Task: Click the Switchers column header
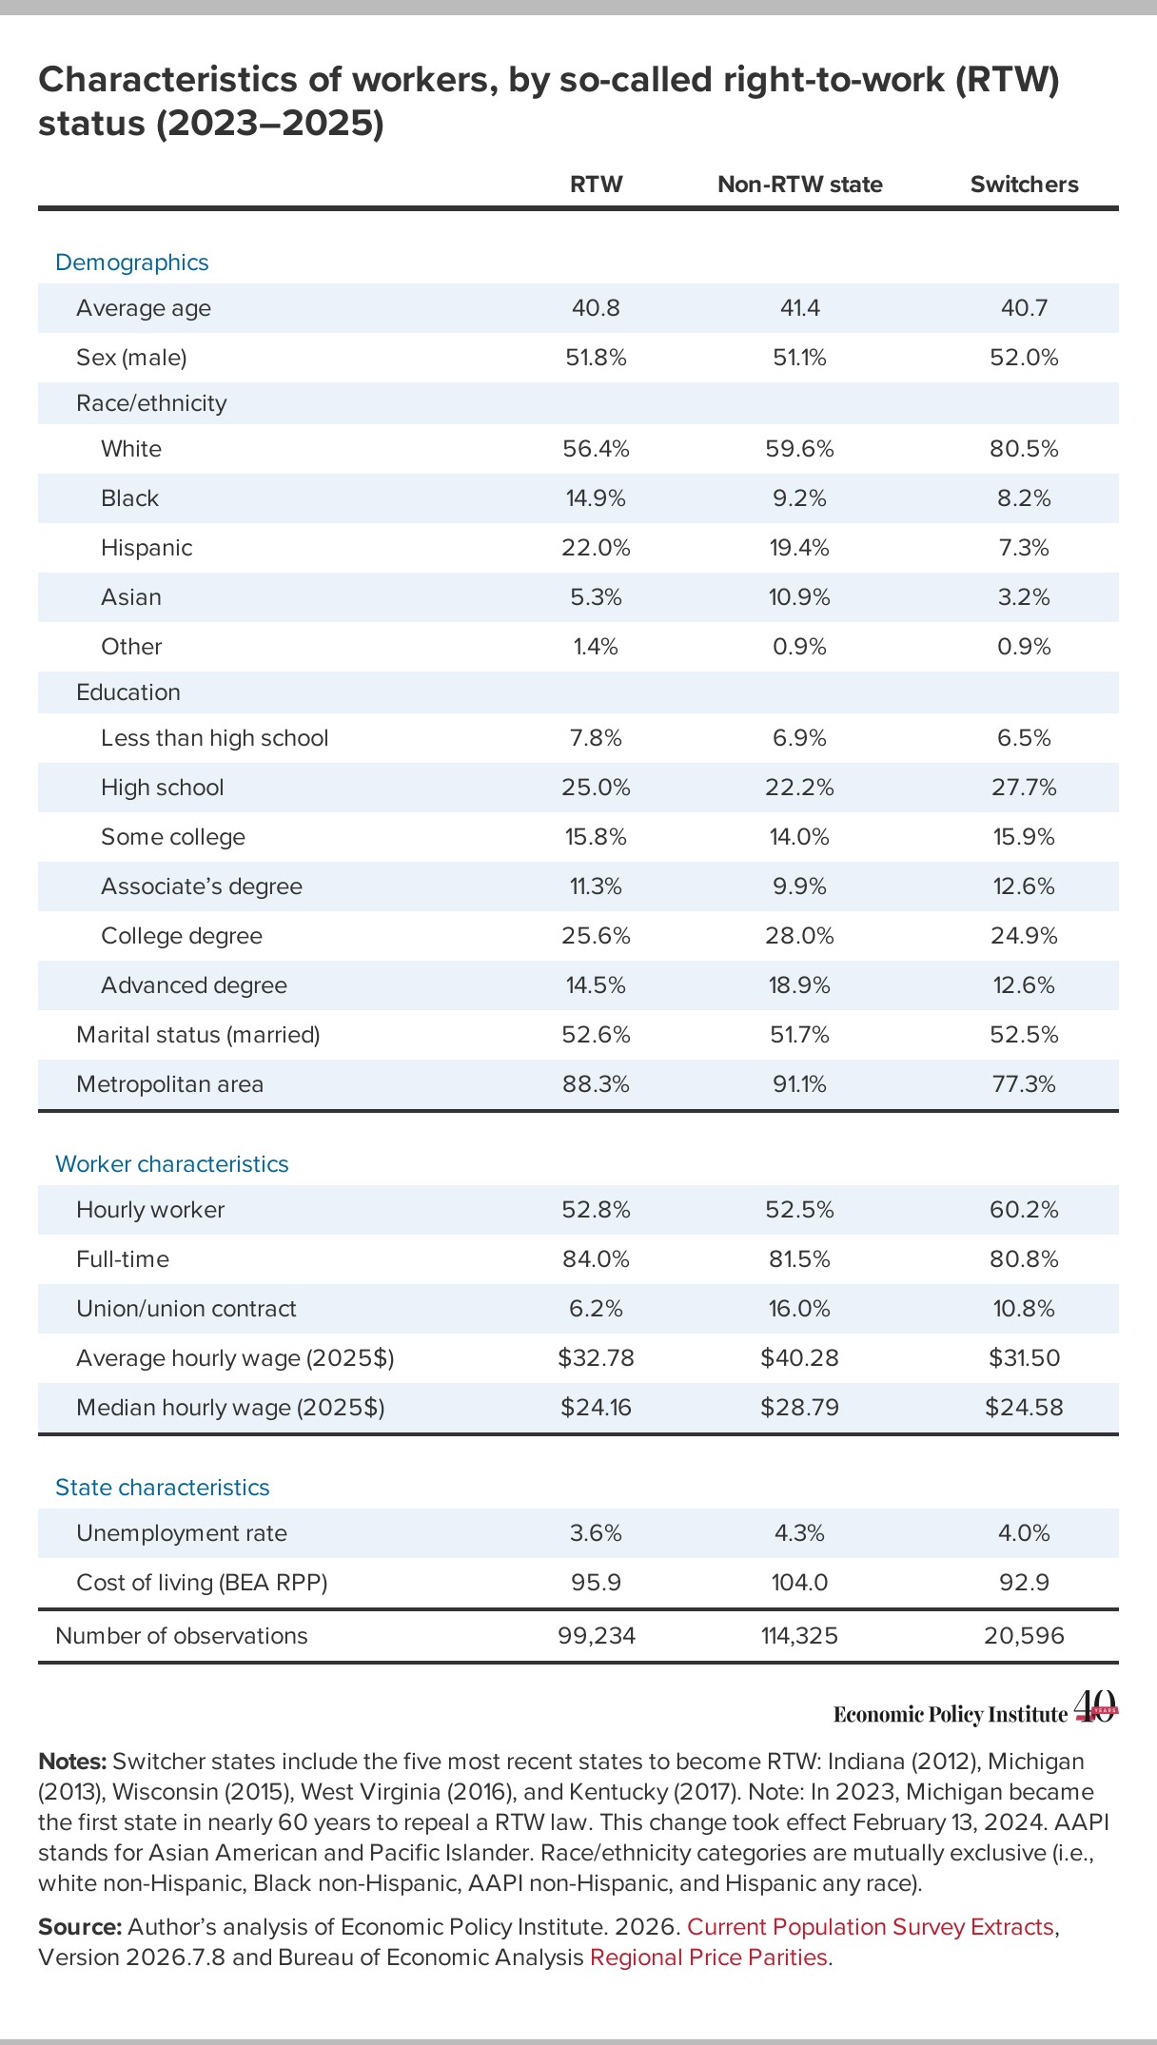coord(1024,185)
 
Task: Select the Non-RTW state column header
coord(799,185)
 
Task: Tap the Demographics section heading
coord(132,263)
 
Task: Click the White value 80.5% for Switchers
coord(1024,449)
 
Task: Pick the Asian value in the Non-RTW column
coord(799,597)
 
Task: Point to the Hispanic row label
coord(147,548)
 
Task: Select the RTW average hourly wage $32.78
coord(597,1358)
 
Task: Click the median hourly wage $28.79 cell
coord(799,1408)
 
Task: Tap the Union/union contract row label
coord(186,1309)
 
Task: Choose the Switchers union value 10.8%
coord(1024,1309)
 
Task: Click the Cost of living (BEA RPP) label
coord(202,1583)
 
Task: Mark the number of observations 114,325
coord(799,1636)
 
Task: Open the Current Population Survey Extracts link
coord(870,1927)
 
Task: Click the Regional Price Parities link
coord(709,1957)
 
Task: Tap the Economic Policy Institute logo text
coord(951,1714)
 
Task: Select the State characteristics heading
coord(163,1488)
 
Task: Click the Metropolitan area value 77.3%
coord(1024,1084)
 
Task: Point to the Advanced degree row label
coord(194,985)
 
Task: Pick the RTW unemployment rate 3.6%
coord(597,1533)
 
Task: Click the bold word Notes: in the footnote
coord(72,1762)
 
